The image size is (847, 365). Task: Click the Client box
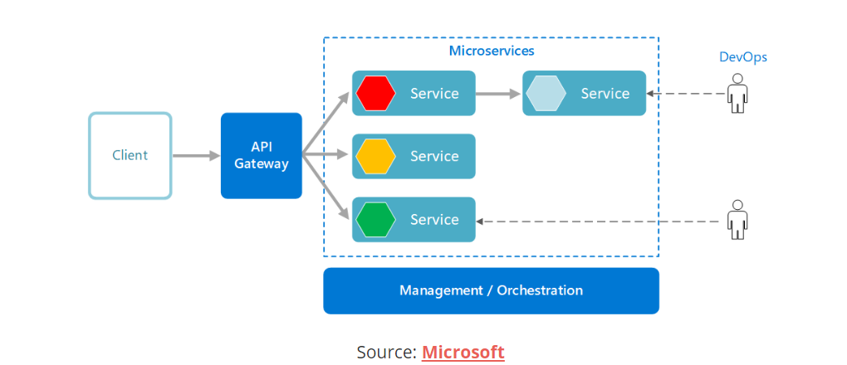130,155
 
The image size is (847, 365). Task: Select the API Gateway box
261,155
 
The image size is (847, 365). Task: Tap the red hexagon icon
375,93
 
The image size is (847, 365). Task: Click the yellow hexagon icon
375,156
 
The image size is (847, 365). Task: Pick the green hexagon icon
375,219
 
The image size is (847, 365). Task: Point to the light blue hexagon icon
546,93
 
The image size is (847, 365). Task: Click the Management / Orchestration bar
491,290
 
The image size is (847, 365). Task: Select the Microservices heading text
492,51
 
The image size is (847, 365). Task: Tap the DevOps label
742,57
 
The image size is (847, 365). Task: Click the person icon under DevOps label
736,93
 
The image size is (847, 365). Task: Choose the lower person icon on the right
736,219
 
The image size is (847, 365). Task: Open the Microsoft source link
463,352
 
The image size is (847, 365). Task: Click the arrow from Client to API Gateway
195,155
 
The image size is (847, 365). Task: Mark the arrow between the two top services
498,93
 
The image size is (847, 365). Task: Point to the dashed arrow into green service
598,221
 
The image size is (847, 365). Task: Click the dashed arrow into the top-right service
685,94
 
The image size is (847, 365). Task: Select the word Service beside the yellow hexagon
434,156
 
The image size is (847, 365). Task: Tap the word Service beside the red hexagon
434,93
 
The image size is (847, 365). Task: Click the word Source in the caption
386,352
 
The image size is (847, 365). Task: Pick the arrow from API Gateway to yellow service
327,154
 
